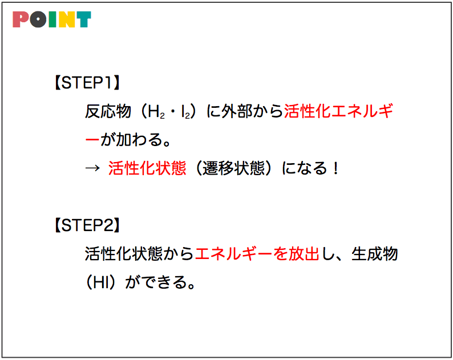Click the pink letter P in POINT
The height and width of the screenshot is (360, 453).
[x=21, y=19]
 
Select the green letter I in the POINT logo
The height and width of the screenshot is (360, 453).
[x=52, y=19]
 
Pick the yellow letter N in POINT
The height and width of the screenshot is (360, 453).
[x=66, y=19]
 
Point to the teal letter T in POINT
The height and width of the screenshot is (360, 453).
[x=83, y=19]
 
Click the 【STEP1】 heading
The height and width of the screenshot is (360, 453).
[x=87, y=83]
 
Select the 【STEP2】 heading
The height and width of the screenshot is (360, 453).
[x=87, y=225]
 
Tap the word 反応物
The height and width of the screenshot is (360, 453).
[x=108, y=111]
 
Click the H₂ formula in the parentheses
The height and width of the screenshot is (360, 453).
[x=156, y=112]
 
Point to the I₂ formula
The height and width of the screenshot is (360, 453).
[x=186, y=112]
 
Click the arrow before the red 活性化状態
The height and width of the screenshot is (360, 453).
[x=92, y=168]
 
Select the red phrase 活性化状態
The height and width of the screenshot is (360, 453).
[x=147, y=168]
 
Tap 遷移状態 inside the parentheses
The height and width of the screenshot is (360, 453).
[x=233, y=168]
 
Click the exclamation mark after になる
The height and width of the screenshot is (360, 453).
[x=335, y=168]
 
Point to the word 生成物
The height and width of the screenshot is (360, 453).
[x=375, y=254]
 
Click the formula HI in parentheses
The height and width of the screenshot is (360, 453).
[x=101, y=282]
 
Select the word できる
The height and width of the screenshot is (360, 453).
[x=164, y=282]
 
